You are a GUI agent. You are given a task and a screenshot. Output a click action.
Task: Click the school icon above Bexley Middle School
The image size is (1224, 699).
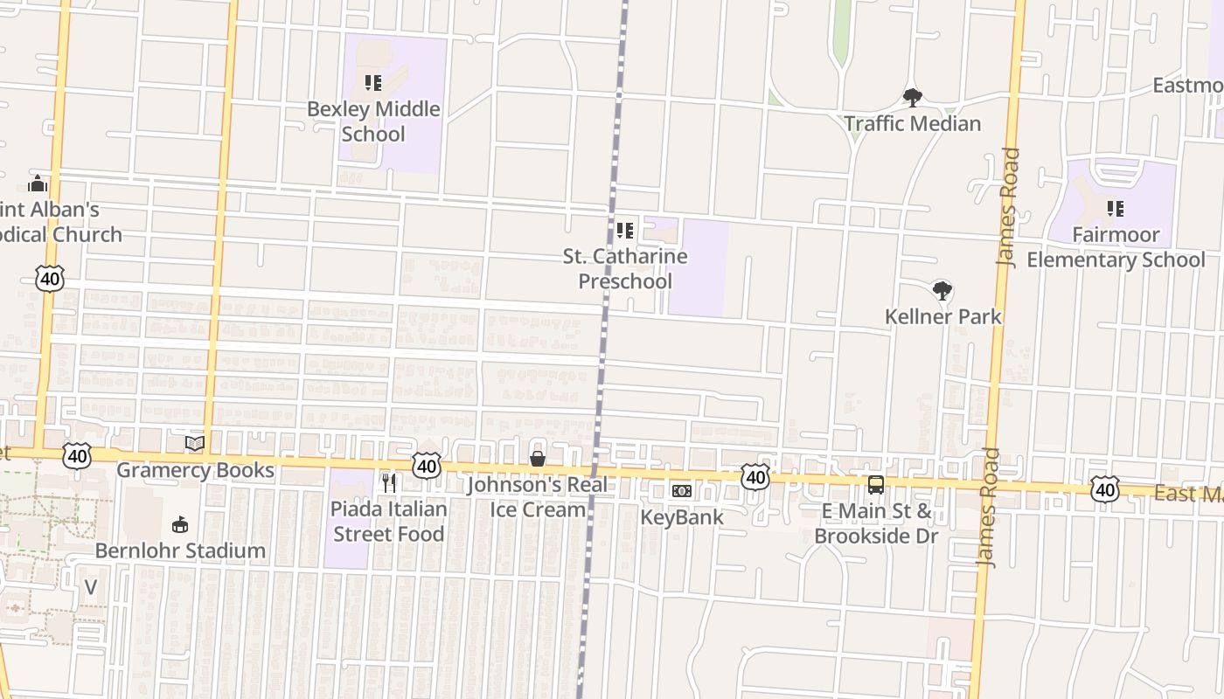[x=373, y=84]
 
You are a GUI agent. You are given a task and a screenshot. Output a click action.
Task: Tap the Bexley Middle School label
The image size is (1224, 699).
[x=373, y=121]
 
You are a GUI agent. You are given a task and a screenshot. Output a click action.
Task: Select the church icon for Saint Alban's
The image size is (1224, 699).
[x=38, y=183]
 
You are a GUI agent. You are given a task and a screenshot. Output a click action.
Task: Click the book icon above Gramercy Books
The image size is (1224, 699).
[x=195, y=444]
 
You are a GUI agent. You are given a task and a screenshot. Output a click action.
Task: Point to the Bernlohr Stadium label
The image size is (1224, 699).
[x=180, y=550]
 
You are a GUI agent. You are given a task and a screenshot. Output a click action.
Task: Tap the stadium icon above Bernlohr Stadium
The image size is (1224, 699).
[x=180, y=524]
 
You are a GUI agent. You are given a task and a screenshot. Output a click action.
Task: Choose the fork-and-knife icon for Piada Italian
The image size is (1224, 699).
[x=389, y=482]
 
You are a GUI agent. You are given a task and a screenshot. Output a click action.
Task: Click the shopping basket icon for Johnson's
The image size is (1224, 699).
[x=538, y=460]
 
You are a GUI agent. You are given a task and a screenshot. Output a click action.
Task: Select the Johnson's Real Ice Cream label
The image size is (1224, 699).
[x=537, y=497]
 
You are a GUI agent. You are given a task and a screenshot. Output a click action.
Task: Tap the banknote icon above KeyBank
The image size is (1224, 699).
[x=682, y=491]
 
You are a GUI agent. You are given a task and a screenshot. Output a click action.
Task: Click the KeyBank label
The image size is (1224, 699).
[x=682, y=517]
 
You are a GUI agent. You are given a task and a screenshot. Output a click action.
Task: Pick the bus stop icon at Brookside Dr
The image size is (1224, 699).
[x=875, y=485]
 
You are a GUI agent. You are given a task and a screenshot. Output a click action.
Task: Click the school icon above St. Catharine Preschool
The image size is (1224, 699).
[x=625, y=231]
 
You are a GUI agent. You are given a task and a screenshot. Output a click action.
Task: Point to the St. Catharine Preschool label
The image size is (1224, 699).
[x=625, y=269]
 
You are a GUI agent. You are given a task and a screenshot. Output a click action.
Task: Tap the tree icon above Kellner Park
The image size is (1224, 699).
[x=942, y=291]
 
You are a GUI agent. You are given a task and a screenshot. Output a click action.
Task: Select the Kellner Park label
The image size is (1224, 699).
[x=943, y=316]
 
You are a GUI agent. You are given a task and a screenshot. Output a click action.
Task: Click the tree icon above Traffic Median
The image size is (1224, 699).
[x=913, y=98]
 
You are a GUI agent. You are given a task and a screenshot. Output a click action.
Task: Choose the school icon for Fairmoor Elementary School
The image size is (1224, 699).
[x=1115, y=209]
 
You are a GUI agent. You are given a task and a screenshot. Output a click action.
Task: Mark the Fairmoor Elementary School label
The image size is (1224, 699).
[x=1116, y=247]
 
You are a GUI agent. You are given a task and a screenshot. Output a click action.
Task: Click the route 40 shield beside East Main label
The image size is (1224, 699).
[x=1105, y=489]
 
